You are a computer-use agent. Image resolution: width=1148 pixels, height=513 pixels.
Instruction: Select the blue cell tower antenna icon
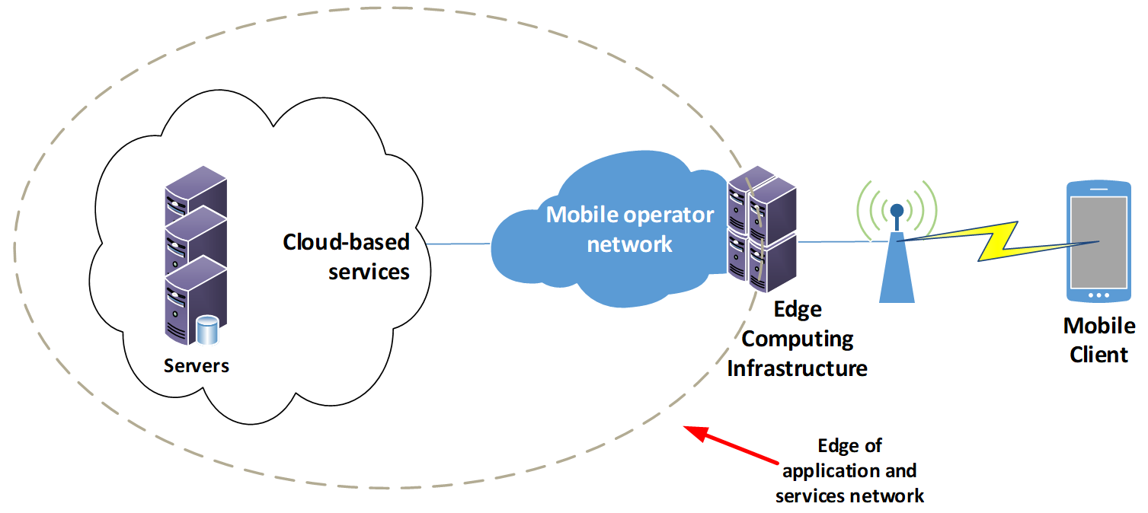coord(897,259)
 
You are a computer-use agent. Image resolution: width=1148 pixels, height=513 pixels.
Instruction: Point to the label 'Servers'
coord(197,366)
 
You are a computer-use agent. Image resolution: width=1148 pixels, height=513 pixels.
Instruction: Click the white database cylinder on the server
coord(206,329)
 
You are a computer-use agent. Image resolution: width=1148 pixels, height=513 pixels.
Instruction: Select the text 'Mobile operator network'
coord(630,229)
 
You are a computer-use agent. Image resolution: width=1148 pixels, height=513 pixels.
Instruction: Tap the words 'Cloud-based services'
coord(347,256)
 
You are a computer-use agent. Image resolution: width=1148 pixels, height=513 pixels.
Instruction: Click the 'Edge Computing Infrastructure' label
coord(798,339)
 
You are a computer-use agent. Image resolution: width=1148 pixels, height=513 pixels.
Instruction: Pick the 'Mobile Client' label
coord(1098,340)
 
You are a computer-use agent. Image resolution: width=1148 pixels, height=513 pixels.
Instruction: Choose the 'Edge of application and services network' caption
coord(849,471)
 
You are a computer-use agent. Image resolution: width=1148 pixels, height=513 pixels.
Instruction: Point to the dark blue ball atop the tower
coord(897,210)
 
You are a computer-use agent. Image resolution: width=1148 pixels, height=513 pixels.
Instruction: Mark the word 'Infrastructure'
coord(798,369)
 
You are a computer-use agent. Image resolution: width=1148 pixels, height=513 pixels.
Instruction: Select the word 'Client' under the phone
coord(1098,355)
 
